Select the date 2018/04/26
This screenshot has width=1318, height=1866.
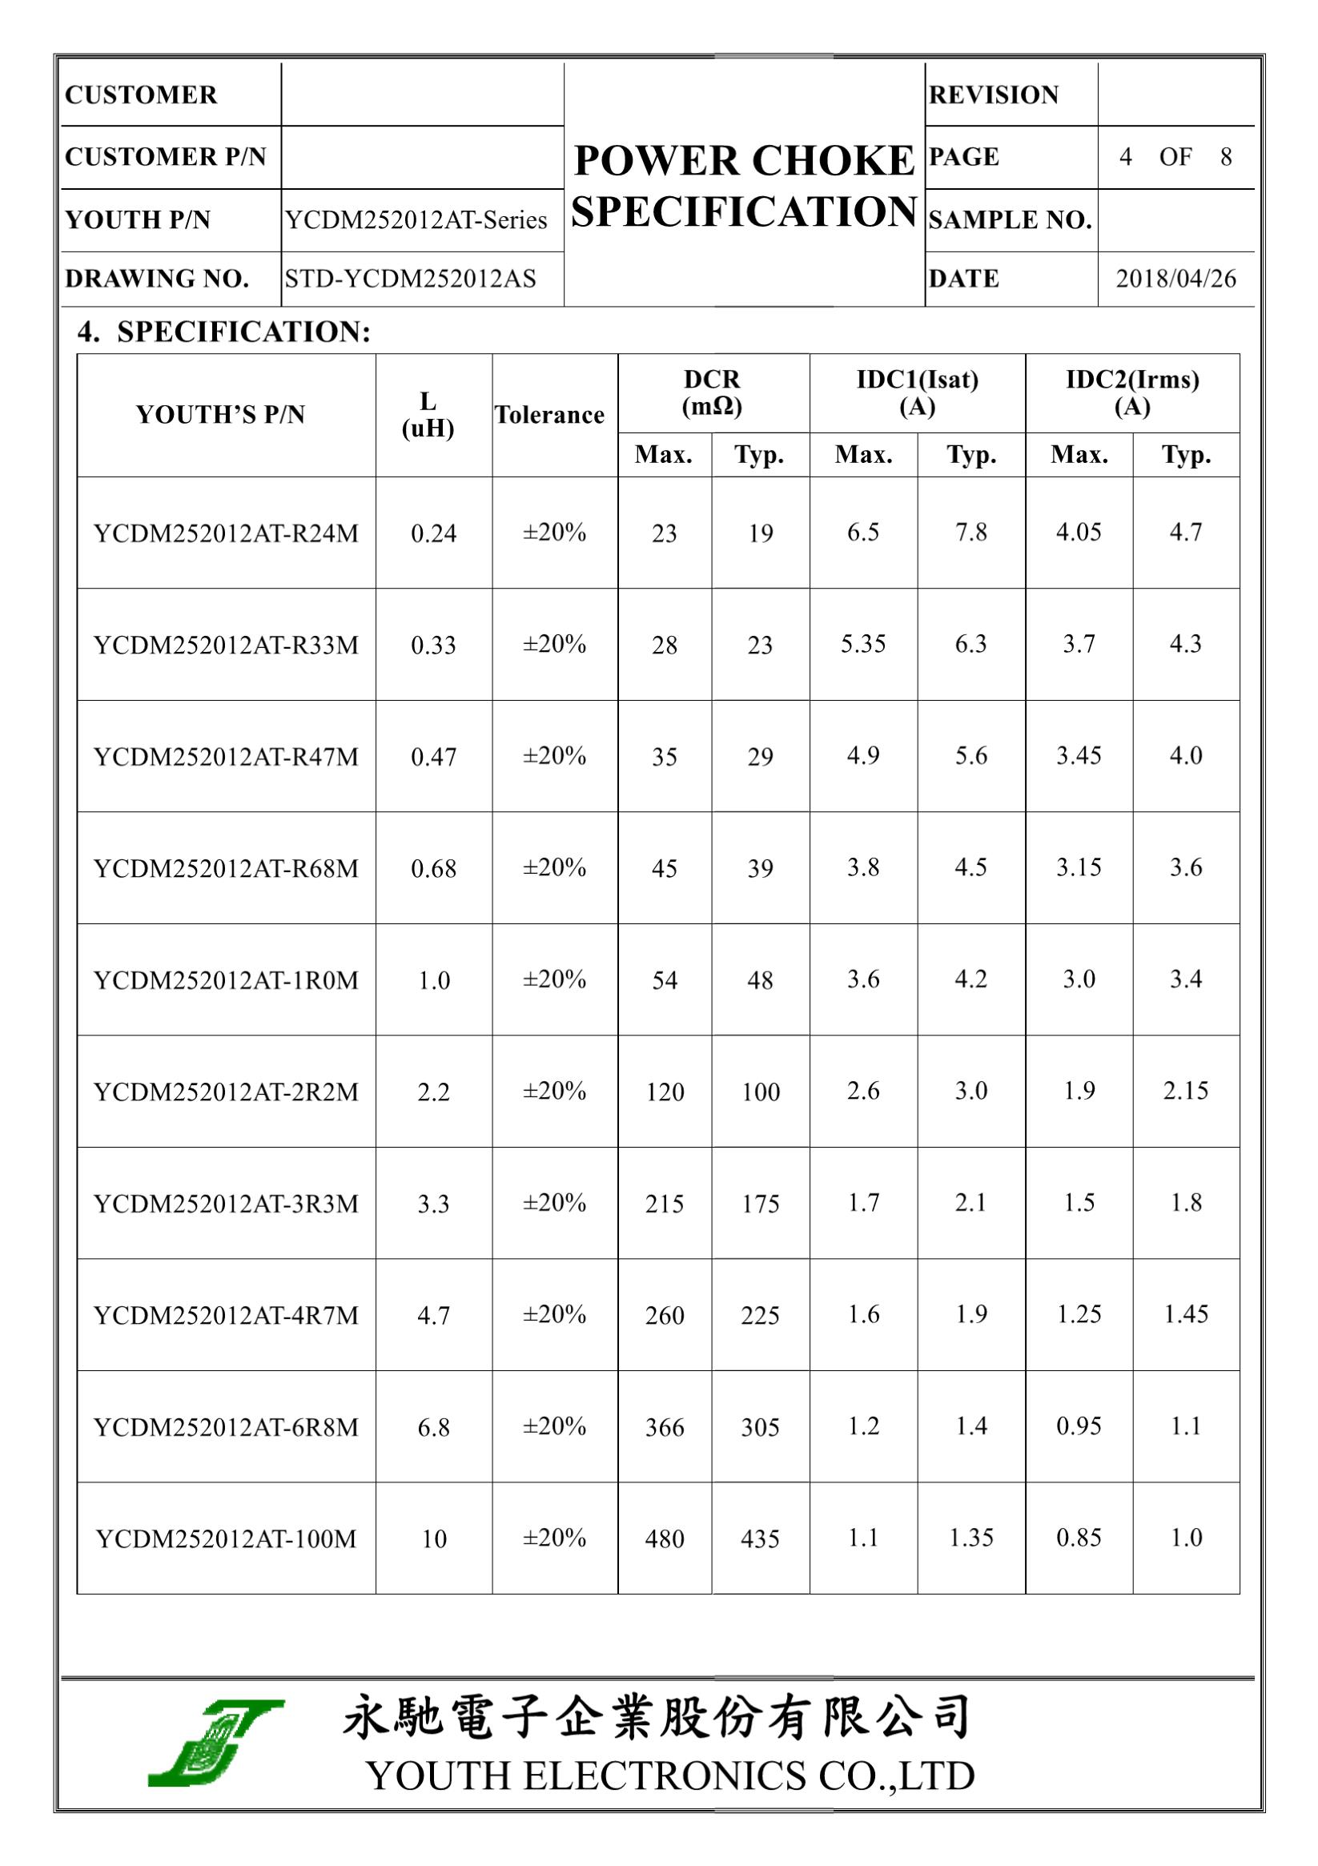pos(1175,279)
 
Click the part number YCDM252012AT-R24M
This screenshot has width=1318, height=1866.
pos(226,533)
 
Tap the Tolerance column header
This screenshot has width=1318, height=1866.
pos(549,416)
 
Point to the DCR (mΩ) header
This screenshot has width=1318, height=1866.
pos(712,392)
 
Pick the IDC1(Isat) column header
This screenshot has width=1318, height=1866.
pos(917,392)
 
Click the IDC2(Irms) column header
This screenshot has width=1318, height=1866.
pos(1132,392)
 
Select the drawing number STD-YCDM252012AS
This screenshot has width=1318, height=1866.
pos(410,279)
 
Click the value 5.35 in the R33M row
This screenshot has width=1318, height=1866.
pos(863,644)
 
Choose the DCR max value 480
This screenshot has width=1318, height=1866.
pos(664,1538)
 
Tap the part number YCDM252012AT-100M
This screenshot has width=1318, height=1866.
pos(226,1538)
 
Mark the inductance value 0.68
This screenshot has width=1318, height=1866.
pos(433,869)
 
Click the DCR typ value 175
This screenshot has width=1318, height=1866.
pos(760,1204)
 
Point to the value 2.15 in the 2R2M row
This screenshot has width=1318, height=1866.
pos(1186,1091)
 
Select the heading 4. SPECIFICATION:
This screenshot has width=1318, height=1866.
pos(224,332)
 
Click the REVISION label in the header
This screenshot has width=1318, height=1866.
pos(994,95)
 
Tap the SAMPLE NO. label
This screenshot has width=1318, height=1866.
pos(1010,220)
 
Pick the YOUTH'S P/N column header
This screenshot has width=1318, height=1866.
pos(220,416)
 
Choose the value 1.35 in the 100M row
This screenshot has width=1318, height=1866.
pos(971,1538)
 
